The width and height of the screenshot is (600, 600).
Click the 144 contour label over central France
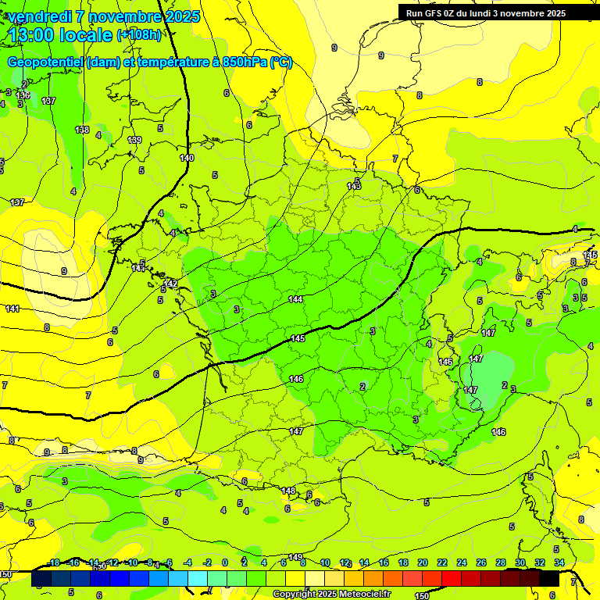[295, 299]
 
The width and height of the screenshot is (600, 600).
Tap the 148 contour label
[288, 491]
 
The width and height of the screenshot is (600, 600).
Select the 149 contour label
[295, 556]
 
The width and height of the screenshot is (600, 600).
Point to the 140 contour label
[186, 158]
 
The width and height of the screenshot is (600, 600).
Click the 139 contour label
[134, 140]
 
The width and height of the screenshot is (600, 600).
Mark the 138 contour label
[82, 130]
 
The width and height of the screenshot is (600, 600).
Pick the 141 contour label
[12, 309]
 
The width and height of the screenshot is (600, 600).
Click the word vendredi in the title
[39, 16]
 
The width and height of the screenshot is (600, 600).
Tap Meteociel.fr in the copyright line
[362, 594]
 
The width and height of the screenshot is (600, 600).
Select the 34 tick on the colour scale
[559, 562]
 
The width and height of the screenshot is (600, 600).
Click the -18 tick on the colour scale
[53, 562]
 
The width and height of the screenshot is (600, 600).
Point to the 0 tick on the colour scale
[224, 562]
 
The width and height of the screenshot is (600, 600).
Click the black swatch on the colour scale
[549, 579]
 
